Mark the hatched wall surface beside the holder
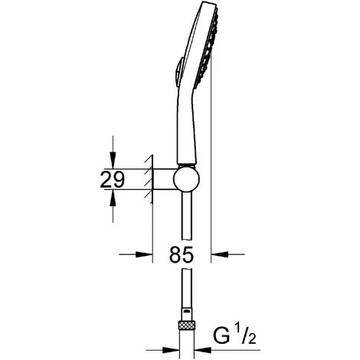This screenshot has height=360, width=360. (x=148, y=181)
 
